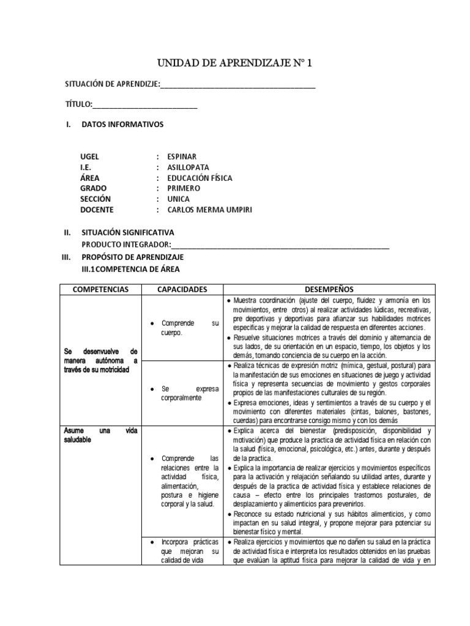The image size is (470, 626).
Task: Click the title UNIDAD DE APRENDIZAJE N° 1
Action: coord(234,63)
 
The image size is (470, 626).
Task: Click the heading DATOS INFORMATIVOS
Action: coord(122,124)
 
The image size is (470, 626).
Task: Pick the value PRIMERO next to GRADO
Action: coord(184,188)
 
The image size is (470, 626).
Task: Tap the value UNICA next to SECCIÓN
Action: coord(179,199)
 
